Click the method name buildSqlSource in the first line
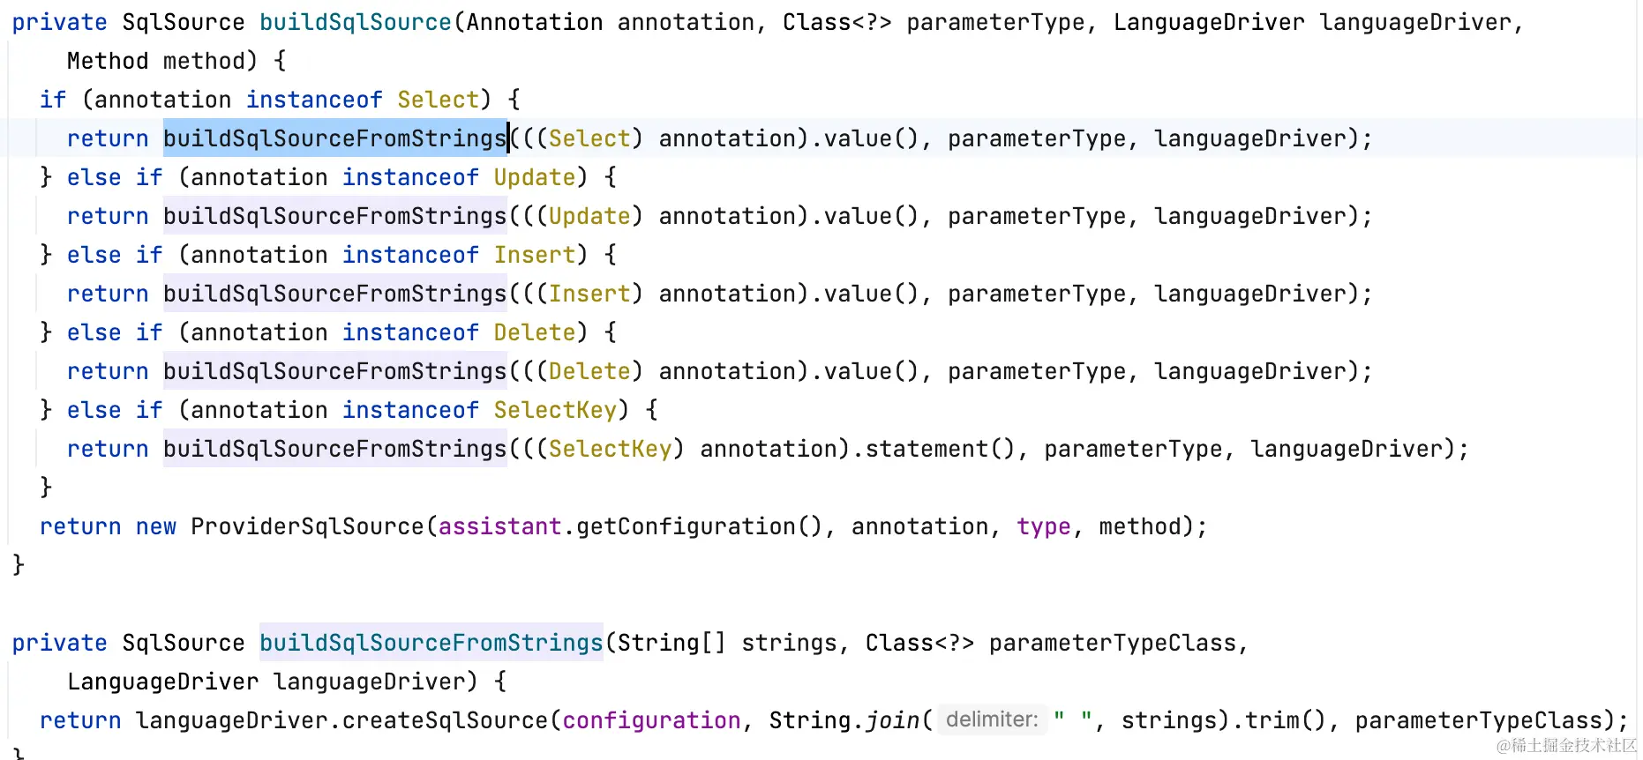pyautogui.click(x=355, y=22)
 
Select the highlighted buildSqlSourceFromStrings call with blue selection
pyautogui.click(x=334, y=138)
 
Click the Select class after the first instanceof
pyautogui.click(x=438, y=100)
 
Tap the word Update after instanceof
pyautogui.click(x=534, y=177)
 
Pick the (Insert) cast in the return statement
pyautogui.click(x=589, y=294)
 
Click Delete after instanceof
pyautogui.click(x=534, y=332)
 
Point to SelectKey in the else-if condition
pyautogui.click(x=555, y=410)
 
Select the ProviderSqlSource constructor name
pyautogui.click(x=307, y=526)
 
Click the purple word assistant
pyautogui.click(x=499, y=526)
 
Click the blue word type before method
pyautogui.click(x=1043, y=526)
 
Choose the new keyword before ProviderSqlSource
pyautogui.click(x=156, y=526)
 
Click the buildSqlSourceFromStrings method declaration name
pyautogui.click(x=431, y=643)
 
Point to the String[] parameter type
pyautogui.click(x=671, y=643)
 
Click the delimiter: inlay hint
pyautogui.click(x=992, y=719)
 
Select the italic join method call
pyautogui.click(x=892, y=720)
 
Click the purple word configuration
pyautogui.click(x=651, y=720)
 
